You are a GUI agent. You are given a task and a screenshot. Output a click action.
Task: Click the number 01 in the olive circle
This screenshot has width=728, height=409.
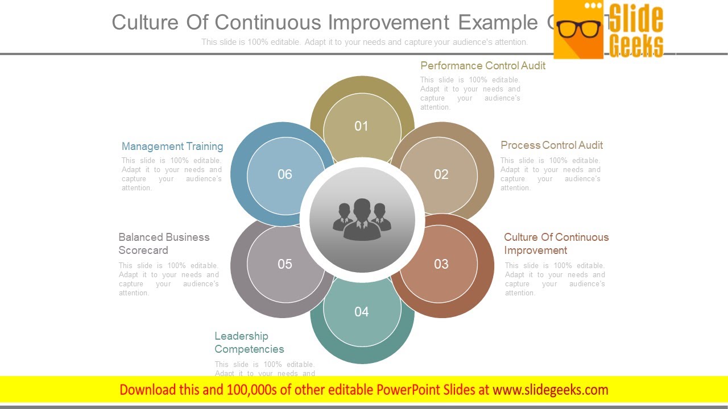[x=362, y=126]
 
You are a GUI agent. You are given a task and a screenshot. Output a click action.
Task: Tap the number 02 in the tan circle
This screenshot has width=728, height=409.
[x=441, y=174]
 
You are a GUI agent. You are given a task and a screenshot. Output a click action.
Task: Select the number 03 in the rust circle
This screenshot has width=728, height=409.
[x=441, y=264]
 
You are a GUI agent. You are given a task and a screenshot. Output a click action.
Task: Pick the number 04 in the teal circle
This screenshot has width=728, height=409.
[x=362, y=312]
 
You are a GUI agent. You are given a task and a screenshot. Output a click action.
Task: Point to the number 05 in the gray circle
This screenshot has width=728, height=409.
[x=285, y=264]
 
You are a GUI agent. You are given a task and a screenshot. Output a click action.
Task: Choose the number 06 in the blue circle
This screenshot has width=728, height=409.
[x=285, y=174]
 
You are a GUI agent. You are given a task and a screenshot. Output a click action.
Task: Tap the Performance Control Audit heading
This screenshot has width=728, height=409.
[x=482, y=66]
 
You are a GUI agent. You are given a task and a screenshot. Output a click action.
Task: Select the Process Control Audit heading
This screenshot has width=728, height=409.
[x=551, y=145]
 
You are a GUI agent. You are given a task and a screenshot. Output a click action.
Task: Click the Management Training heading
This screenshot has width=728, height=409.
[x=172, y=147]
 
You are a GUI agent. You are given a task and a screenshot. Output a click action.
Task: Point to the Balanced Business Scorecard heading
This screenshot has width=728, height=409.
[x=164, y=244]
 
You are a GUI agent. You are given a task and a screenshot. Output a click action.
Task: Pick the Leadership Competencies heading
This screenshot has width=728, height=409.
[x=249, y=343]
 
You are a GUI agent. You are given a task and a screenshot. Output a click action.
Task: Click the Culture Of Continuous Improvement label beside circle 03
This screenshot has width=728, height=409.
[x=556, y=244]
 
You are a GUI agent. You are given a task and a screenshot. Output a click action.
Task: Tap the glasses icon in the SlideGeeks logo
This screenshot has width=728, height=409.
[x=579, y=28]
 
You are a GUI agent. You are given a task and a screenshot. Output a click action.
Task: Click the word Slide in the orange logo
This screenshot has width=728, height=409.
[x=636, y=19]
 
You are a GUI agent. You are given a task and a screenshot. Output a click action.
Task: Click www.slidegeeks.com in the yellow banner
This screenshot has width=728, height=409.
[x=550, y=390]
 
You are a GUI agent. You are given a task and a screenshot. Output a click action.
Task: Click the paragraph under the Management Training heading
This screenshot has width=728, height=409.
[x=171, y=174]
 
